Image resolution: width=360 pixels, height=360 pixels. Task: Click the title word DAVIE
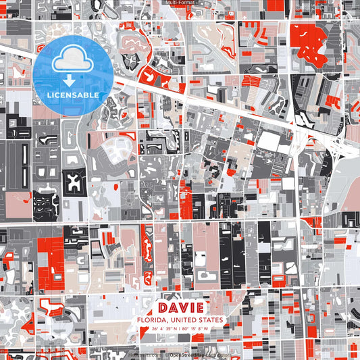coord(180,307)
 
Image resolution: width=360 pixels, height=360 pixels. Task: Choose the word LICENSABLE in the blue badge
coord(72,93)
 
